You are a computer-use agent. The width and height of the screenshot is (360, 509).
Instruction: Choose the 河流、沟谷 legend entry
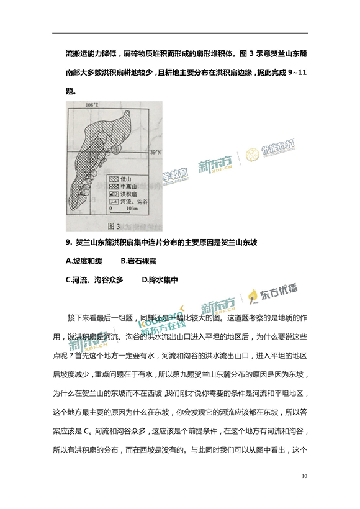[133, 201]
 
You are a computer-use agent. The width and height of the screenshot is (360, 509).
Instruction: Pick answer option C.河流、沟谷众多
[94, 279]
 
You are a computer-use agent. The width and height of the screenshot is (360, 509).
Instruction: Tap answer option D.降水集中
[160, 279]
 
